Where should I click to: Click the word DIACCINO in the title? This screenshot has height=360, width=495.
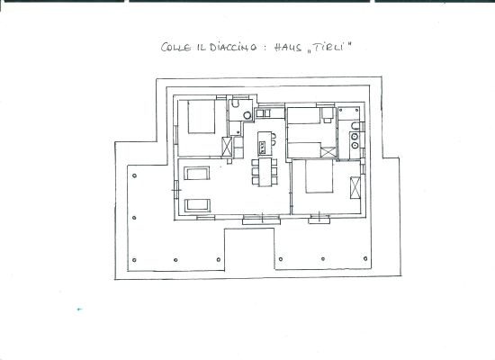233,48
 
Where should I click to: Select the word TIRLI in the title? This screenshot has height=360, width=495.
329,48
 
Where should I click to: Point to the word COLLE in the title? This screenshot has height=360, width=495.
175,48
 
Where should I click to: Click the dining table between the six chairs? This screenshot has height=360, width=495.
265,172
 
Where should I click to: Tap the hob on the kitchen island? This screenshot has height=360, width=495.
262,148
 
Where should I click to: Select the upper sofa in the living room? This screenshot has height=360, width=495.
197,174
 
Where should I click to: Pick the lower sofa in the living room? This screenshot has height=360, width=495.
197,205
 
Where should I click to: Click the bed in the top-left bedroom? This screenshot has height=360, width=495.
202,116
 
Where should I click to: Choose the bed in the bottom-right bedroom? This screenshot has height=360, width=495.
319,176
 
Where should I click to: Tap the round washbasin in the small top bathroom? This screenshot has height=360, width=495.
247,115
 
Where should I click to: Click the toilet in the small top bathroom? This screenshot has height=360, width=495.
235,103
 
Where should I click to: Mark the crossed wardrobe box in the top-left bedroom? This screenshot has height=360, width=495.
227,147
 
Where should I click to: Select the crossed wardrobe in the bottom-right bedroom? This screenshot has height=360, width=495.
355,188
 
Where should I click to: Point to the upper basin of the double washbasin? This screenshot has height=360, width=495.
355,137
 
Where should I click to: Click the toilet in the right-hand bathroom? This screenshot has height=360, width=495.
355,126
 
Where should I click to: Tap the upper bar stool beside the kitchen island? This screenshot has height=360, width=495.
274,137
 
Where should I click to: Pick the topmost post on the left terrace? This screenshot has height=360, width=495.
134,175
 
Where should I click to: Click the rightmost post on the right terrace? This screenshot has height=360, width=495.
365,258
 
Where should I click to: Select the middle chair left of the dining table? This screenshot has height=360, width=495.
255,172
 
